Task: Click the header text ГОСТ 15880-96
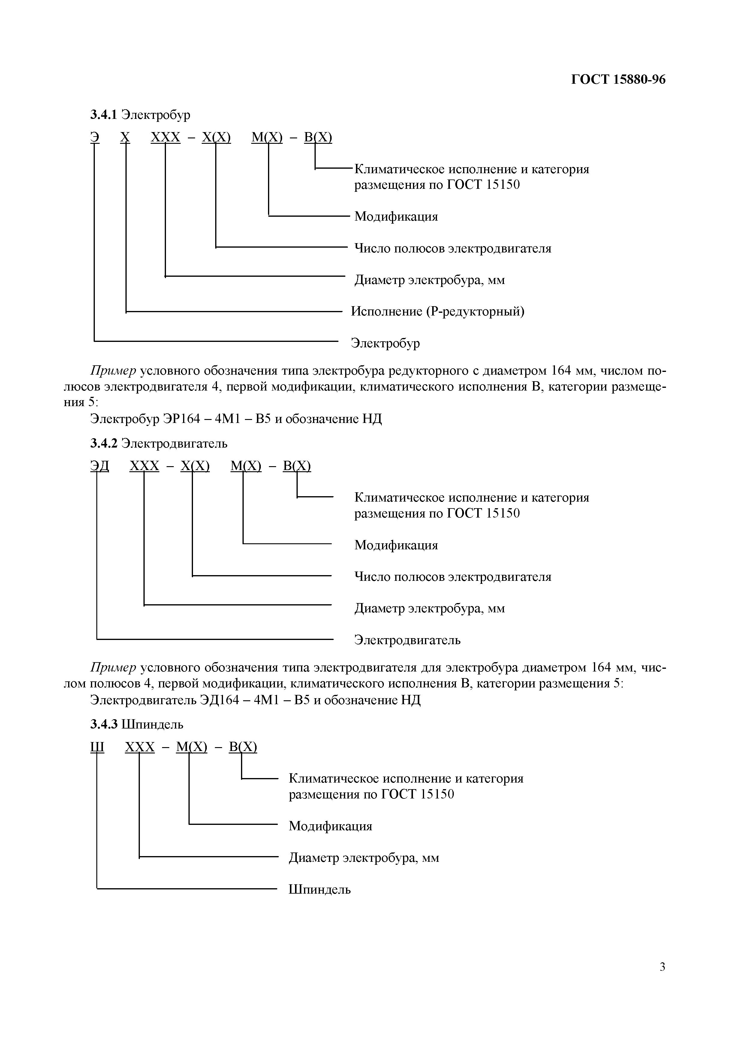(618, 80)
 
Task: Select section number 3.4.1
(104, 115)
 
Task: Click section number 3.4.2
(104, 443)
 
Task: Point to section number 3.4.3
(104, 725)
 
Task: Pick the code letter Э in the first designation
(95, 137)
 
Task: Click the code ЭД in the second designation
(99, 466)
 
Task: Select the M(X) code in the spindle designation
(191, 747)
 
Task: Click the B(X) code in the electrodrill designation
(318, 137)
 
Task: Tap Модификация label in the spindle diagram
(330, 826)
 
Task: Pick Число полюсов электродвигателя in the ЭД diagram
(453, 577)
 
